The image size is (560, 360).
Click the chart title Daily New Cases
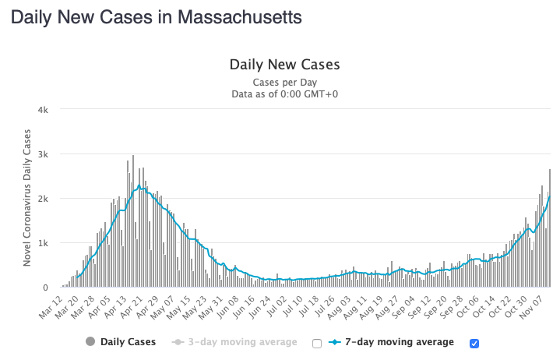[x=284, y=65]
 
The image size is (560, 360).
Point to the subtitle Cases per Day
[x=284, y=82]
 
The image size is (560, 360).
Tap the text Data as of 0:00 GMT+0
[x=284, y=94]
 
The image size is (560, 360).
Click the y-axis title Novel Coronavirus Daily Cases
[x=27, y=199]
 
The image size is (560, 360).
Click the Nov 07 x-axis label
[x=538, y=303]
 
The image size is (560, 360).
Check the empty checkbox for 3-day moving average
[x=316, y=343]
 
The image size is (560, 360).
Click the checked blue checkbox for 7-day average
[x=473, y=343]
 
